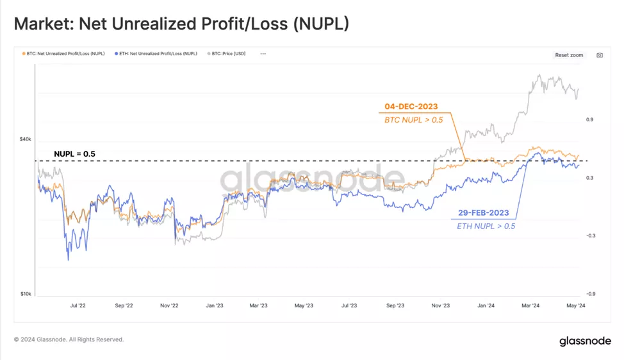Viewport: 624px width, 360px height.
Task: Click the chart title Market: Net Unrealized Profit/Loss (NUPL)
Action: (181, 24)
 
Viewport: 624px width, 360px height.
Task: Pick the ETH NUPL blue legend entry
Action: (157, 55)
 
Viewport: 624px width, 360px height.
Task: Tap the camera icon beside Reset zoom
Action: (600, 55)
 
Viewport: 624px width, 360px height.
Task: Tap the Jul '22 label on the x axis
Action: (78, 306)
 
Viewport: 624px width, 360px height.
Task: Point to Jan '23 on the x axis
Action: (215, 306)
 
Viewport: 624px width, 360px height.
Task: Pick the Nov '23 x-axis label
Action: (441, 306)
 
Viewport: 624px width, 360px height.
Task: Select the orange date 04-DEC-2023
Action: (411, 107)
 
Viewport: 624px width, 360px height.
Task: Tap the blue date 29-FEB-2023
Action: (485, 212)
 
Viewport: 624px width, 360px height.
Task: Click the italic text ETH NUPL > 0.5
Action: (486, 226)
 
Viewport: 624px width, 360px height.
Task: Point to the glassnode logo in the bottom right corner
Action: (585, 340)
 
